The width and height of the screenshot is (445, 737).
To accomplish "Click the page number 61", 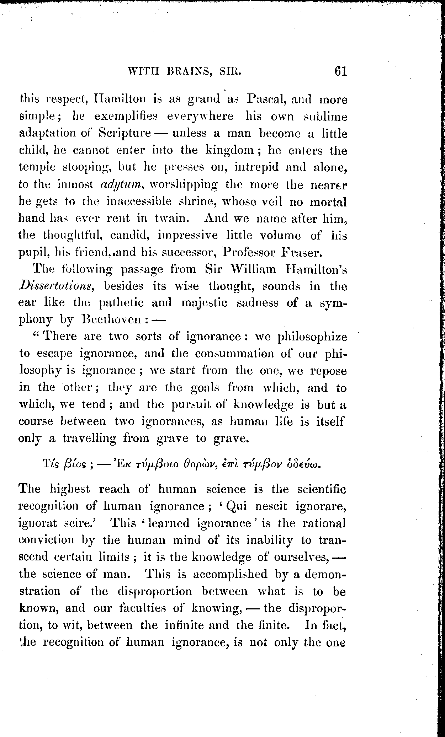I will coord(340,71).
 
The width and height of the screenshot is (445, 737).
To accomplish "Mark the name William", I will coord(253,269).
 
